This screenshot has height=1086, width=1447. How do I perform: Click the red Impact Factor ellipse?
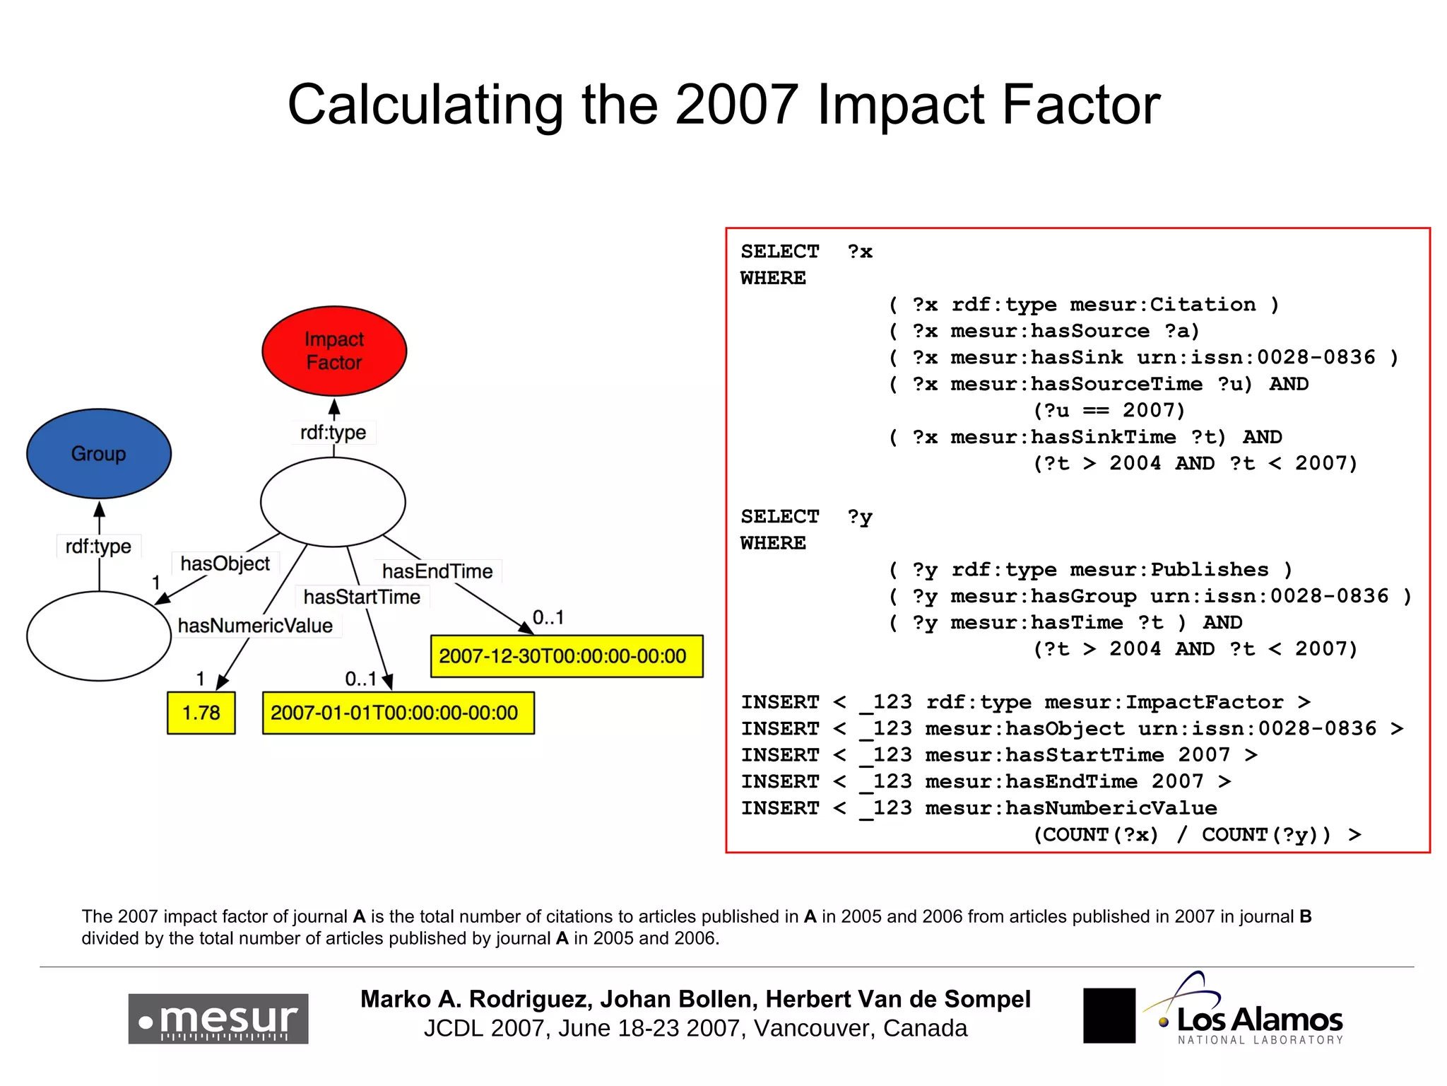[334, 351]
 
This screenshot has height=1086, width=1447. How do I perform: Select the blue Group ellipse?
[99, 453]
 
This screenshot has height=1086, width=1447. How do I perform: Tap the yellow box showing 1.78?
[201, 713]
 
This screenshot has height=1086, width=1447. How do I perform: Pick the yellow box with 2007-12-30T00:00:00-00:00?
[566, 656]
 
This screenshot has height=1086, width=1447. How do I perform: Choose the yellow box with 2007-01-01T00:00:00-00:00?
[398, 713]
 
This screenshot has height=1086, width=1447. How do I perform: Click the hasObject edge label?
[225, 564]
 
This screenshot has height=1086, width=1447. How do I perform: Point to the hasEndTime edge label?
[437, 571]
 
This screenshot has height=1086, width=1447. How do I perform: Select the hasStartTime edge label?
[362, 597]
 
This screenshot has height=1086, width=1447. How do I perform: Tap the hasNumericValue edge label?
[255, 626]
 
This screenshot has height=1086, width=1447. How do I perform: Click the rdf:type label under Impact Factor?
[333, 432]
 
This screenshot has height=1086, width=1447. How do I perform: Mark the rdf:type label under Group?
[98, 546]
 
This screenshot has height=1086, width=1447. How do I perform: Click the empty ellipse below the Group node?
[99, 636]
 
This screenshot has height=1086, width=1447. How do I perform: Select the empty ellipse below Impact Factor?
[333, 502]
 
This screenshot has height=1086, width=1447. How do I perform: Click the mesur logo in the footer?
[218, 1019]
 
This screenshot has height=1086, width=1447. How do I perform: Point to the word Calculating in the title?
[425, 105]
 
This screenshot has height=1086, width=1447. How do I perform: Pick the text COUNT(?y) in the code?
[1265, 835]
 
